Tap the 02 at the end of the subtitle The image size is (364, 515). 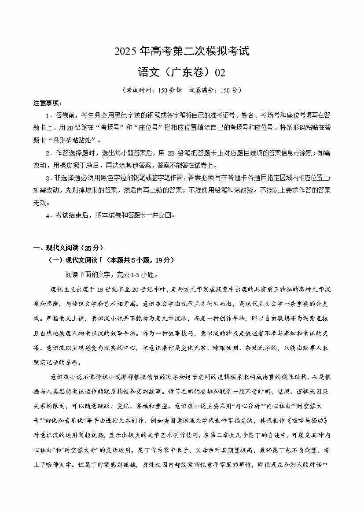(x=220, y=72)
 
